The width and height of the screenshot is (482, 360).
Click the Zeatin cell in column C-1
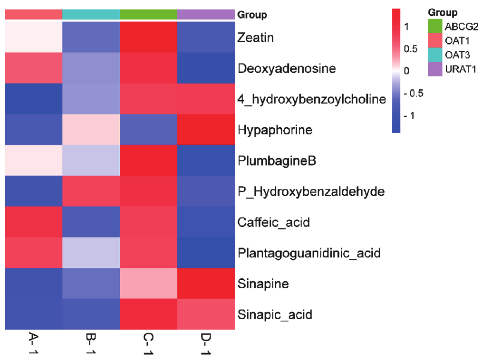pyautogui.click(x=148, y=38)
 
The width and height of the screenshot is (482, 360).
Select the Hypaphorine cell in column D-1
pyautogui.click(x=206, y=130)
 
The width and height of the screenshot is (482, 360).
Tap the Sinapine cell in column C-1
pyautogui.click(x=148, y=284)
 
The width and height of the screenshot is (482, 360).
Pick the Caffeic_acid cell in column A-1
pyautogui.click(x=33, y=222)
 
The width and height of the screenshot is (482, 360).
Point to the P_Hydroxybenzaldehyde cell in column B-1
pyautogui.click(x=91, y=191)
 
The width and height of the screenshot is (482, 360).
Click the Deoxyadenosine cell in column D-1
pyautogui.click(x=206, y=68)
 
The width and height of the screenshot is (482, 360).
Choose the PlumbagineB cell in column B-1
pyautogui.click(x=91, y=161)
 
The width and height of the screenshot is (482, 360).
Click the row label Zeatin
pyautogui.click(x=255, y=38)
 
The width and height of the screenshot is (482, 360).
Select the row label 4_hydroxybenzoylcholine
pyautogui.click(x=311, y=99)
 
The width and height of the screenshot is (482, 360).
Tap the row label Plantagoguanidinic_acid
pyautogui.click(x=309, y=253)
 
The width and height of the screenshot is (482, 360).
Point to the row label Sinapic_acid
pyautogui.click(x=275, y=314)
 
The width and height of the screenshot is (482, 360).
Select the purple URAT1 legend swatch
pyautogui.click(x=434, y=69)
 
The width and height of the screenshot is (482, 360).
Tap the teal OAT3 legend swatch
pyautogui.click(x=434, y=55)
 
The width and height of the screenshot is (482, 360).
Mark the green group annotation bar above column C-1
pyautogui.click(x=148, y=15)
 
